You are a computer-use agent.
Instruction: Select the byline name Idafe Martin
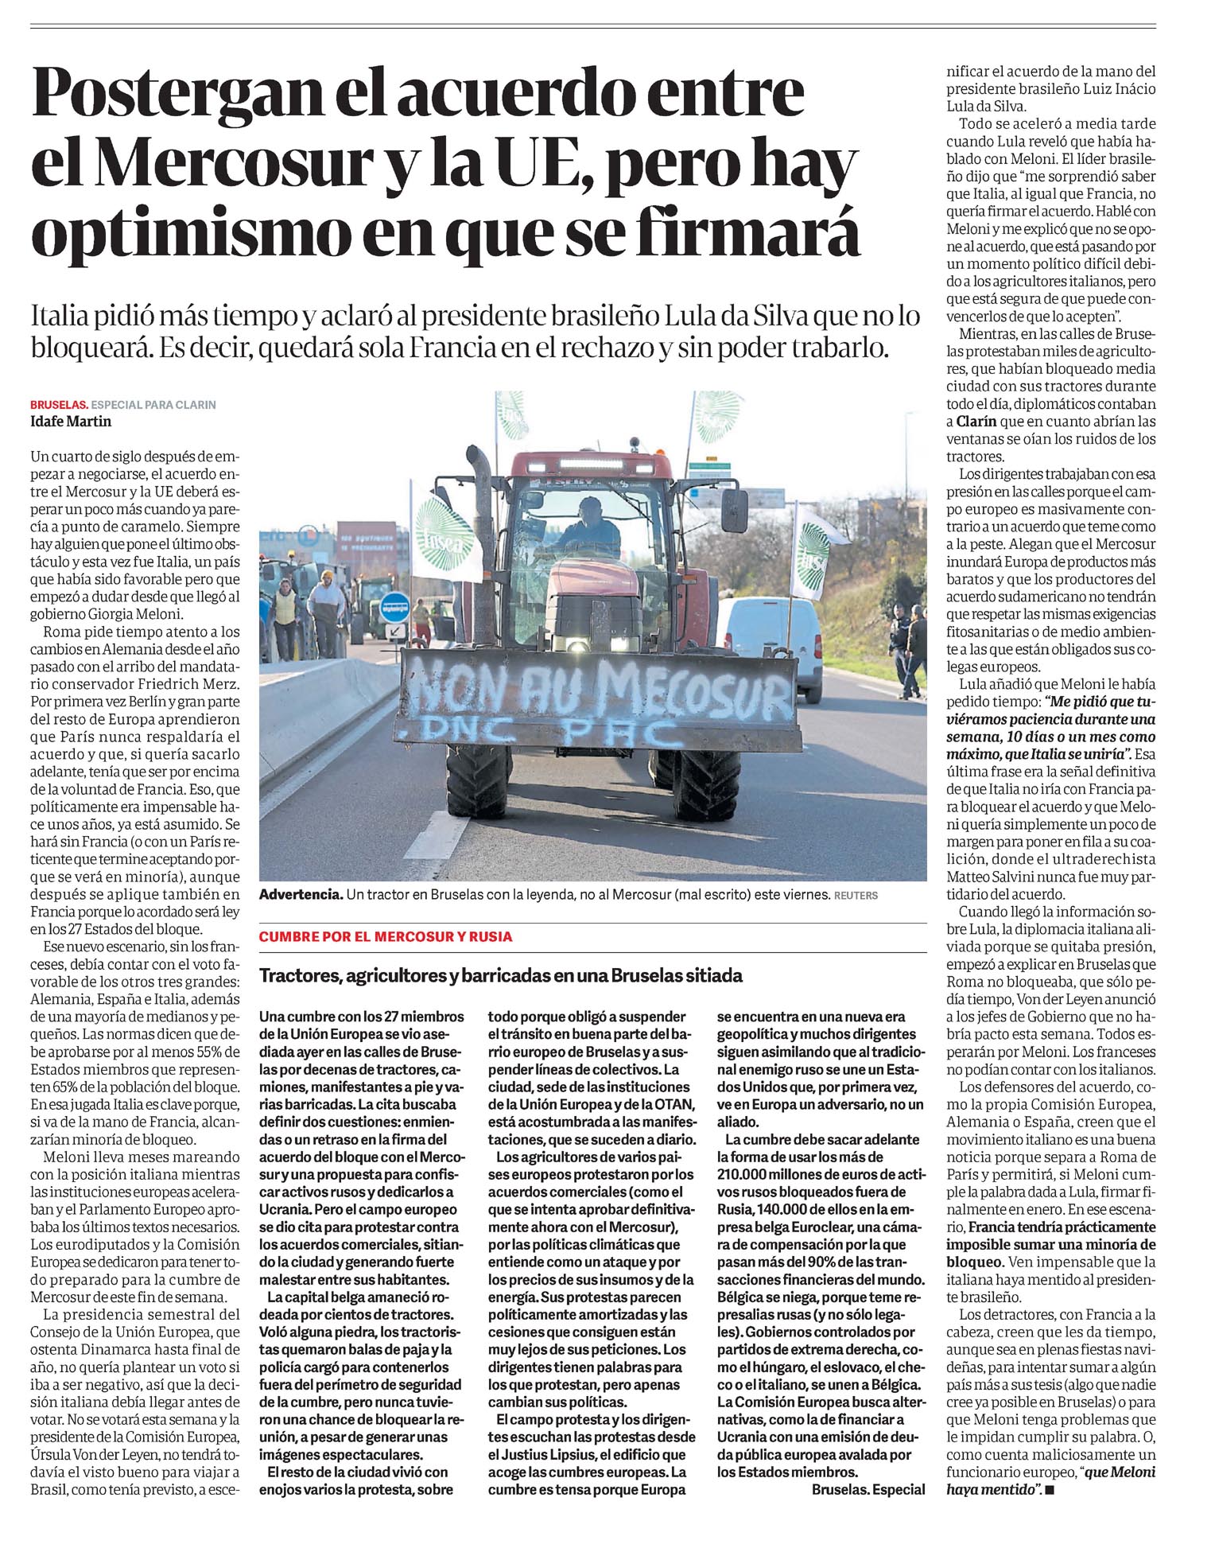point(71,422)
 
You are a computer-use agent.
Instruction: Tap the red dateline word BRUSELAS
point(58,405)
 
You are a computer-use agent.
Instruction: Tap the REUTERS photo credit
point(856,896)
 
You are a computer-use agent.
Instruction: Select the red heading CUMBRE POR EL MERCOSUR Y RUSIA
point(386,937)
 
